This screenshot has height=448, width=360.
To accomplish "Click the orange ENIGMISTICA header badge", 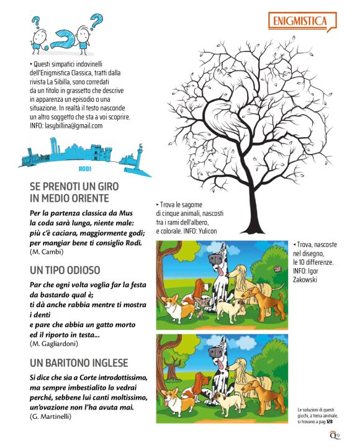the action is [300, 22].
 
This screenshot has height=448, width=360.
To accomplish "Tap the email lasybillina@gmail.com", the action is [73, 125].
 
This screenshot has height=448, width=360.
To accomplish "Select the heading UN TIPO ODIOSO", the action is [65, 271].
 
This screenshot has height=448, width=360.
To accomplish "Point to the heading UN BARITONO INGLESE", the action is [79, 362].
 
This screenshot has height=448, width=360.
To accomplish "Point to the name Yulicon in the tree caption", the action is [212, 231].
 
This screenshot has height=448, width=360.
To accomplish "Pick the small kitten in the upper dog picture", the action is [199, 306].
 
